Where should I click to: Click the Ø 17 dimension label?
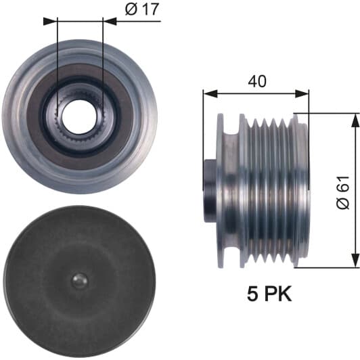pos(142,9)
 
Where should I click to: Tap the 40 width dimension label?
pos(257,81)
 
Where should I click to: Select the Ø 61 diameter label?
pos(343,193)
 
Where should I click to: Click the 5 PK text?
pos(269,294)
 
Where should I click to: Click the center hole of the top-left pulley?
pos(78,117)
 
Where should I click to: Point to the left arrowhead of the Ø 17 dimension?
pos(50,22)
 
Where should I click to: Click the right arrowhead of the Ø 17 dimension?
pos(110,22)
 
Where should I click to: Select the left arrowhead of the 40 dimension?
pos(210,93)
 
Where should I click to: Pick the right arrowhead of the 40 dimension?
pos(302,93)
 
